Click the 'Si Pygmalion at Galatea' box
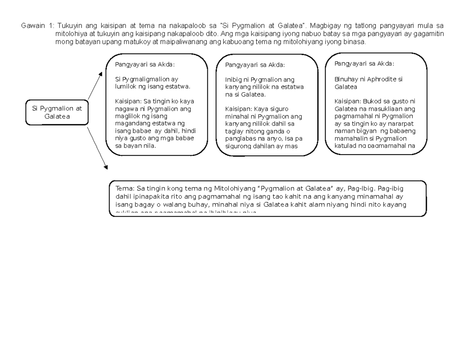tap(57, 112)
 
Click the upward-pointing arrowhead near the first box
tap(101, 74)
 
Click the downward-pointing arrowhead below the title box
tap(105, 167)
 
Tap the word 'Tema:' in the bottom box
tap(124, 189)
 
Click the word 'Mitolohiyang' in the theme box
tap(232, 189)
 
